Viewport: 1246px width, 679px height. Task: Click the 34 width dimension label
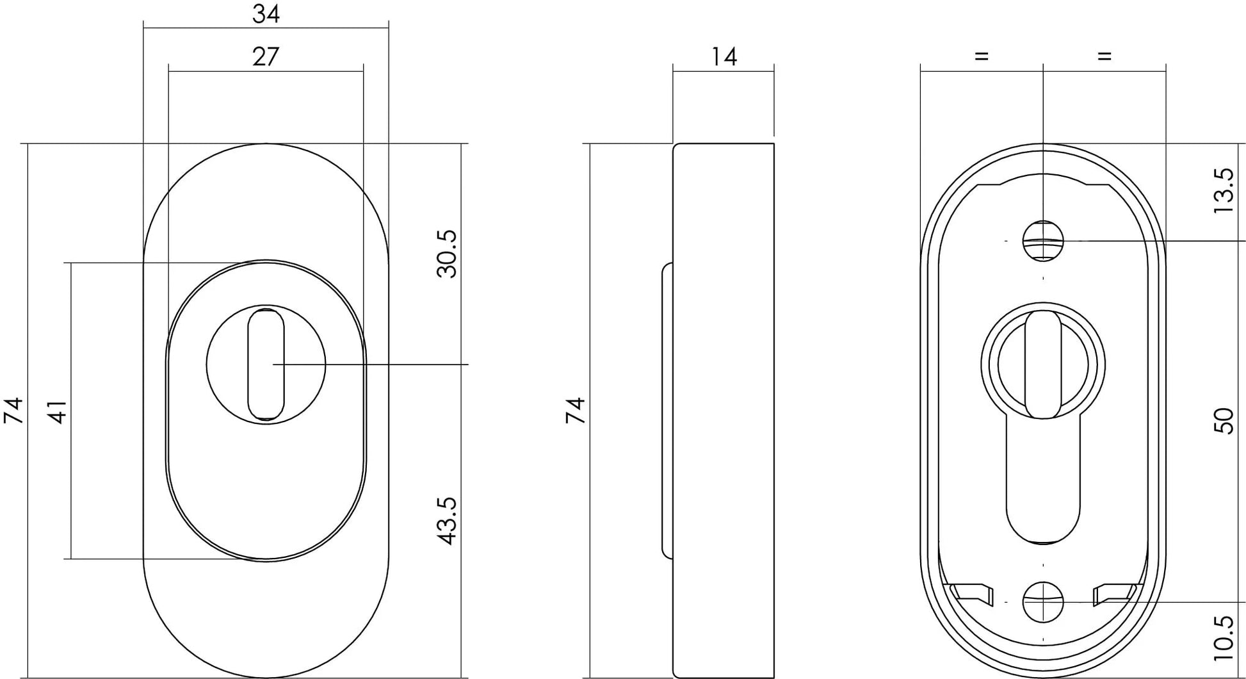266,13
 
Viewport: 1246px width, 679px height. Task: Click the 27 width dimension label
266,57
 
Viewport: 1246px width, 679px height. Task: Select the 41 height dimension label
58,411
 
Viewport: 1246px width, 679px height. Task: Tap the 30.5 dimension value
448,254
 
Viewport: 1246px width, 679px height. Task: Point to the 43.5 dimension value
448,521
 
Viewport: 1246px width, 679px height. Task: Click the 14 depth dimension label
724,57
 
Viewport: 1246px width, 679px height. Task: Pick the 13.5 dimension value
1222,190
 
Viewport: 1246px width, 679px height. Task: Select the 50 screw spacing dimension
1222,421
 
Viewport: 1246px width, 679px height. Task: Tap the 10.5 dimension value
1222,638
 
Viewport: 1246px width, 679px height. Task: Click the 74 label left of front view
13,411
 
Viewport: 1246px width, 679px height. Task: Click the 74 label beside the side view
576,411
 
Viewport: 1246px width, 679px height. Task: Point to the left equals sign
981,56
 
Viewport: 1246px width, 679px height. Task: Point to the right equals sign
1104,56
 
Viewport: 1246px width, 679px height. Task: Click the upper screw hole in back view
1042,241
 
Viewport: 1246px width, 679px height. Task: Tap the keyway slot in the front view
266,364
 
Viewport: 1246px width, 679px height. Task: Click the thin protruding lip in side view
667,410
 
